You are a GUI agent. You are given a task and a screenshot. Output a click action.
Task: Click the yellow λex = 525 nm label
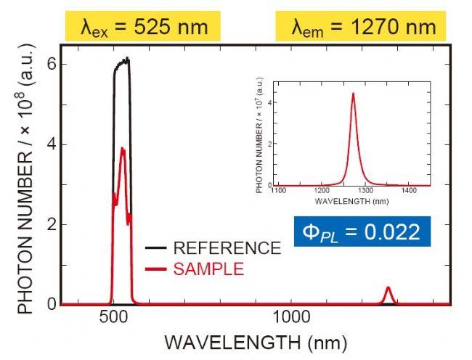pos(137,27)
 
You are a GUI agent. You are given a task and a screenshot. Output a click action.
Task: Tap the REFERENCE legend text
pos(227,248)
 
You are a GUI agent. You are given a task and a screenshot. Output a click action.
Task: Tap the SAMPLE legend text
pos(209,269)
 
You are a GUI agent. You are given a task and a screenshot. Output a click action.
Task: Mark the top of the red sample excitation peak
pos(123,150)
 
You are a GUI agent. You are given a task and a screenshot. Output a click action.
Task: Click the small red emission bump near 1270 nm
pos(388,291)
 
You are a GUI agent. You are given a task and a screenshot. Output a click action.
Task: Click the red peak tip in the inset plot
pos(353,94)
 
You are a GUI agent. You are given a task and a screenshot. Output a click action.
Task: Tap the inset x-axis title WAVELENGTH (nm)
pos(343,200)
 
